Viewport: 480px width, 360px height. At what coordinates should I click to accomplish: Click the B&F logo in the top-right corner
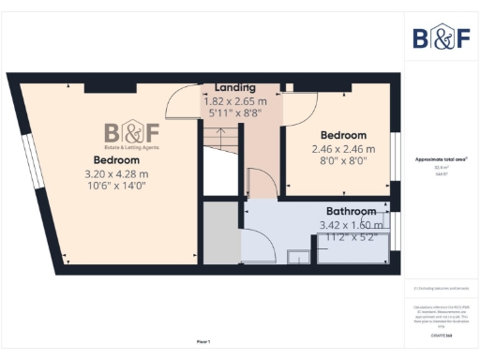(x=442, y=37)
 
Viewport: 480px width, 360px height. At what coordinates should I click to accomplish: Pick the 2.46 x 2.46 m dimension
(x=343, y=149)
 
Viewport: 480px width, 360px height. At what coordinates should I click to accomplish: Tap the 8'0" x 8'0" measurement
(x=343, y=160)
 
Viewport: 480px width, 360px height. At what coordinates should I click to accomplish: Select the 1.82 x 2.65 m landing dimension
(x=235, y=100)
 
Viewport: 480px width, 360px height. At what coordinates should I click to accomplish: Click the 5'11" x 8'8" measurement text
(x=234, y=112)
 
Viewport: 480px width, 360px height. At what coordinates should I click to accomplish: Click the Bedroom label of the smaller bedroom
(x=343, y=135)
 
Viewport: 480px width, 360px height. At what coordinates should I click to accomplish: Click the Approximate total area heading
(x=442, y=158)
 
